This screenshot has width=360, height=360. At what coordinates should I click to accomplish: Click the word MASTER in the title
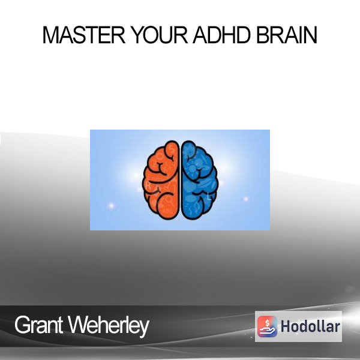[x=84, y=35]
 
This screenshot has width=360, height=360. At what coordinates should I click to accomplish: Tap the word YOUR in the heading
[x=160, y=35]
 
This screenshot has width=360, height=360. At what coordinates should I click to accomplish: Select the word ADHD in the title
[x=221, y=35]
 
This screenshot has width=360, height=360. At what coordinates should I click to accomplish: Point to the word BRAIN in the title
[x=287, y=35]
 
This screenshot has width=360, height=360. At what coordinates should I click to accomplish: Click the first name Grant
[x=38, y=325]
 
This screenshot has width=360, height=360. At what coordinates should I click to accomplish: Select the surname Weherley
[x=109, y=326]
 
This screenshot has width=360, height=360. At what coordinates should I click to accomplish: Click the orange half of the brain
[x=161, y=180]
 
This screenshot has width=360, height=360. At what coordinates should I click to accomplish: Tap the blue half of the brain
[x=199, y=180]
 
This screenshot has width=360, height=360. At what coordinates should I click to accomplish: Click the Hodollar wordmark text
[x=310, y=326]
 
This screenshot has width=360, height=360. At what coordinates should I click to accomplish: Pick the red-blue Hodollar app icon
[x=267, y=326]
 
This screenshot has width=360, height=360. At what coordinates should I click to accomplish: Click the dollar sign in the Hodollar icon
[x=267, y=323]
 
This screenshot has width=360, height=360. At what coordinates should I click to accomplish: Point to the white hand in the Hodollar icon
[x=267, y=331]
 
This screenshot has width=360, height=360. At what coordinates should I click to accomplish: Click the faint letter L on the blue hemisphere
[x=209, y=197]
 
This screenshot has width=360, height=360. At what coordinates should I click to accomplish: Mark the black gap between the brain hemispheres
[x=180, y=180]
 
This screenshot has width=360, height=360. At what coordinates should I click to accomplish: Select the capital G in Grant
[x=22, y=325]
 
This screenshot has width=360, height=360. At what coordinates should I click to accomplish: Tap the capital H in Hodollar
[x=286, y=326]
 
